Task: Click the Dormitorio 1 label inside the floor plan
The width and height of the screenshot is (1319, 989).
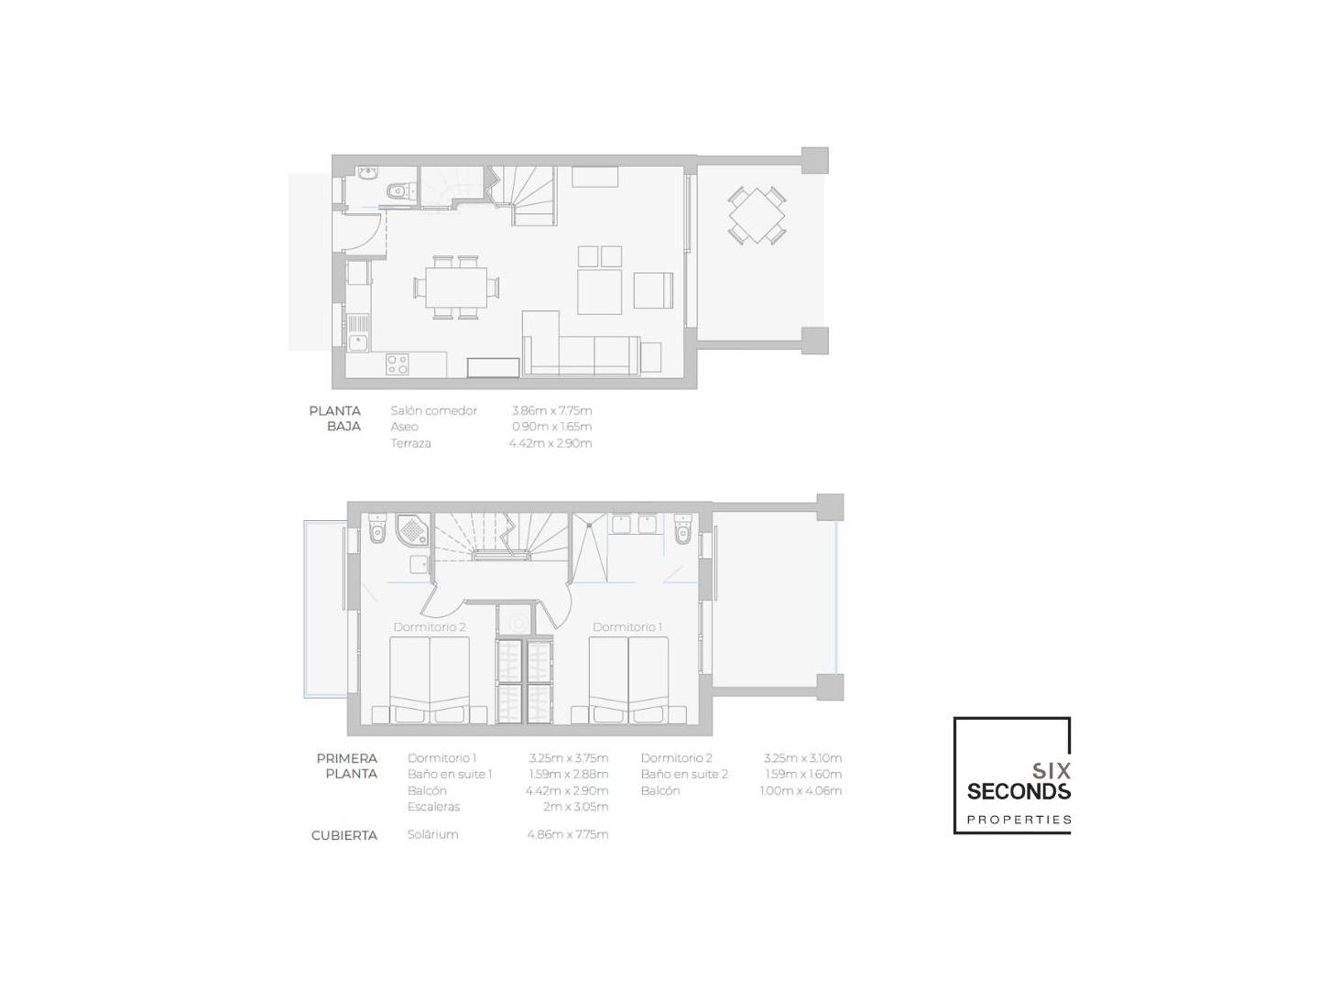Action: click(x=627, y=627)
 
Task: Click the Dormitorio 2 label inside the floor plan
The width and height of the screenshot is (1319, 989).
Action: click(x=429, y=627)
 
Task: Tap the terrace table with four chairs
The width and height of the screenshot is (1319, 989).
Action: click(x=757, y=215)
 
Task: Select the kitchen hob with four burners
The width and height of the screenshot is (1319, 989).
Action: click(x=398, y=364)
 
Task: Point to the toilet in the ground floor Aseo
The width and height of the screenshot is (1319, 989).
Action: click(x=399, y=191)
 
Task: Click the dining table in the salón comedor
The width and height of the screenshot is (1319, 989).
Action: click(x=456, y=287)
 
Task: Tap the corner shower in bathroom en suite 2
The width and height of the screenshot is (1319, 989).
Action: click(x=413, y=530)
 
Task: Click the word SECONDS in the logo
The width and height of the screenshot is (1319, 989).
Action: click(x=1019, y=791)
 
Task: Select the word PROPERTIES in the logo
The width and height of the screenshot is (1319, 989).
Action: click(x=1019, y=820)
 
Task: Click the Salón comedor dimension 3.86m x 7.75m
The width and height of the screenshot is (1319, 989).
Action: click(x=551, y=411)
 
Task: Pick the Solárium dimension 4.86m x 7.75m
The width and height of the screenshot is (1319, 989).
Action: click(x=567, y=834)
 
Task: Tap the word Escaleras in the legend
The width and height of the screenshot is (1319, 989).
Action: click(x=433, y=807)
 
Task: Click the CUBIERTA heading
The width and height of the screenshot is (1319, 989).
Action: click(x=343, y=835)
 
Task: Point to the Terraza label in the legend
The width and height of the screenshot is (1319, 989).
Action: click(x=410, y=443)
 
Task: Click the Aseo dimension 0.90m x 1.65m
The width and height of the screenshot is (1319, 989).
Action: click(x=551, y=427)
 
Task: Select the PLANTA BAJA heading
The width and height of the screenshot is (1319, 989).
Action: click(x=334, y=418)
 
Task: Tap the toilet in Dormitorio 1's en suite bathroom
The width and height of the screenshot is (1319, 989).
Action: click(x=682, y=529)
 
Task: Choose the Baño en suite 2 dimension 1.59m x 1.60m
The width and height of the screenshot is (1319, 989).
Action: click(x=802, y=775)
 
